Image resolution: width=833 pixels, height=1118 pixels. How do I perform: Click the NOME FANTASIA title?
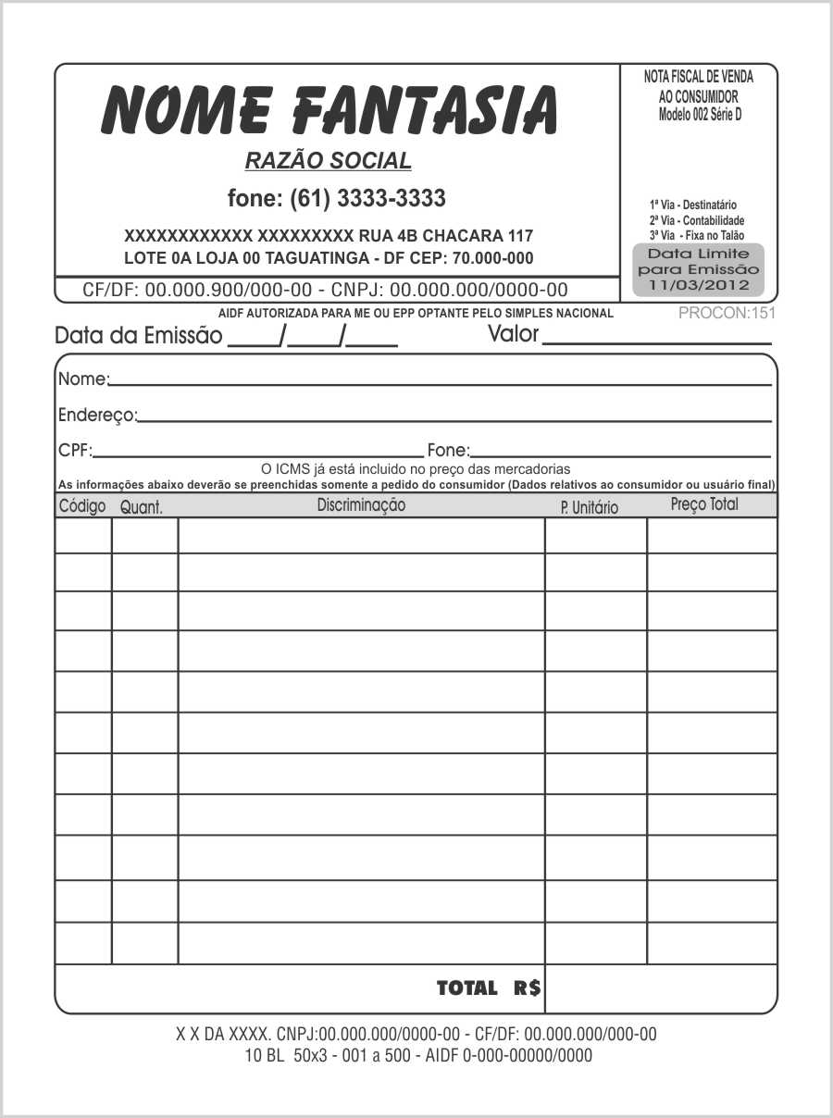[x=329, y=109]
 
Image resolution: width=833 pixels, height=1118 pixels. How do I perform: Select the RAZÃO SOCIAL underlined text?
[x=328, y=161]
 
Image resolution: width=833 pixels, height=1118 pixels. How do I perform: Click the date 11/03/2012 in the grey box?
[x=699, y=284]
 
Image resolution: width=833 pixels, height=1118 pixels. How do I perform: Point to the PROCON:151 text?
[x=727, y=313]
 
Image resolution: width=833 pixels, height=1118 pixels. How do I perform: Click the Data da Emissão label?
[x=138, y=335]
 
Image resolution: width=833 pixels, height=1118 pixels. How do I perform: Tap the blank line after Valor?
[x=657, y=339]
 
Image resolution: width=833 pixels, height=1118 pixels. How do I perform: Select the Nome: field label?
[x=83, y=379]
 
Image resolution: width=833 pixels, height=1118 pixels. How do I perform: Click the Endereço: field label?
[x=97, y=415]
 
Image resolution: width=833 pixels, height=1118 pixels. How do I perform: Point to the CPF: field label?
[x=75, y=451]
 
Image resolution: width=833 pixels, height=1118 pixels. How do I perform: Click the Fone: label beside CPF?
[x=448, y=451]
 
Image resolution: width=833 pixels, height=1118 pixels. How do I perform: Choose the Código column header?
[x=82, y=506]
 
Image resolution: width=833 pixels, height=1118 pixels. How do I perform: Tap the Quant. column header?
[x=142, y=507]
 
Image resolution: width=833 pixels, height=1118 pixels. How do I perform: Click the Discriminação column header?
[x=361, y=505]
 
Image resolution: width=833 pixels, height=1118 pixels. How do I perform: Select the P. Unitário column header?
[x=589, y=507]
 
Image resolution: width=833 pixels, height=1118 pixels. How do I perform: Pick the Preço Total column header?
[x=704, y=504]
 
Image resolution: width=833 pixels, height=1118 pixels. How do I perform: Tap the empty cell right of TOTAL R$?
[x=661, y=988]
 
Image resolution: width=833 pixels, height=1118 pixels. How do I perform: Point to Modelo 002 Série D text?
[x=700, y=115]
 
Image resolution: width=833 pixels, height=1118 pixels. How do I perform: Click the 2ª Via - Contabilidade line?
[x=697, y=220]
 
